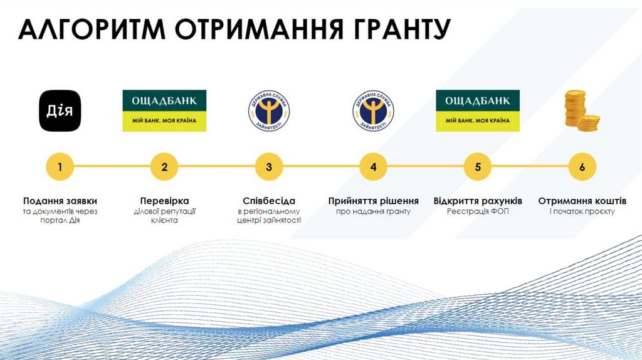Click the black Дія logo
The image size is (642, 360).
tap(60, 111)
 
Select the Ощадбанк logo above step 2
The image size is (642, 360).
tap(164, 111)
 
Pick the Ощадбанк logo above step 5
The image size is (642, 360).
tap(478, 111)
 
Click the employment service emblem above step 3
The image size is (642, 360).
tap(269, 111)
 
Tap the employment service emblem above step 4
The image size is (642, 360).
tap(373, 111)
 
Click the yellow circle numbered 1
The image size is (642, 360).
tap(60, 167)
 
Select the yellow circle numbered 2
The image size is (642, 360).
tap(164, 167)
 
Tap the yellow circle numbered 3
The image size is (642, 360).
tap(269, 167)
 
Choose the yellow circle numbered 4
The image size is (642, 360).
tap(373, 167)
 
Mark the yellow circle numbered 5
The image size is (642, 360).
tap(478, 167)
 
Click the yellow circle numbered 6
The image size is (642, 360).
tap(582, 167)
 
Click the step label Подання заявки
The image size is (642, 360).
tap(60, 201)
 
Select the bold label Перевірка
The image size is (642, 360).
tap(164, 201)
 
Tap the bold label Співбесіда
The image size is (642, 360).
tap(269, 201)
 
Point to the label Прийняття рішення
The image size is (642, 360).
tap(373, 201)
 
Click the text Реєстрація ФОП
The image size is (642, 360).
tap(478, 212)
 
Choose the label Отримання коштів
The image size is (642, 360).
tap(582, 201)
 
